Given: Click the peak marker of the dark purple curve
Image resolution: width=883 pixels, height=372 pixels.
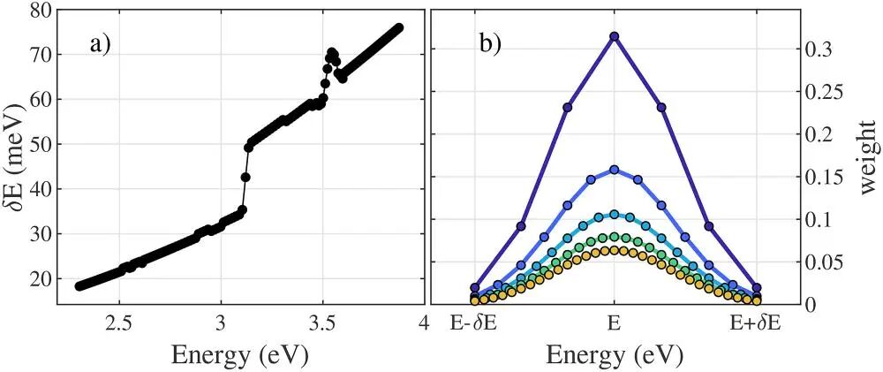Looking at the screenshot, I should (x=615, y=36).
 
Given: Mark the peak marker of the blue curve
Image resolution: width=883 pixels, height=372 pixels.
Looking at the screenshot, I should (x=615, y=170).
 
